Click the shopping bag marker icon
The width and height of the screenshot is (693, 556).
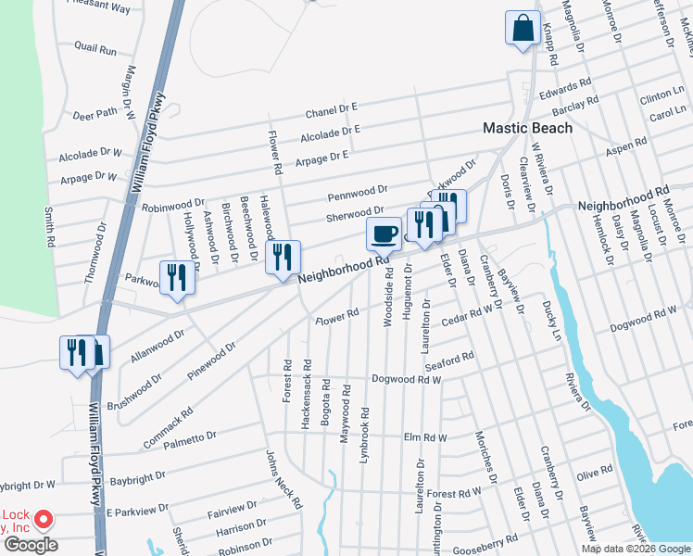pyautogui.click(x=523, y=28)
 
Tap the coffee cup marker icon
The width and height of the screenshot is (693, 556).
pyautogui.click(x=384, y=234)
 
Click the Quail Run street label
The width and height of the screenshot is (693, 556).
pyautogui.click(x=95, y=48)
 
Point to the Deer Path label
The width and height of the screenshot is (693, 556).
pyautogui.click(x=95, y=115)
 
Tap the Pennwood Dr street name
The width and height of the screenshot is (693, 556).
pyautogui.click(x=357, y=195)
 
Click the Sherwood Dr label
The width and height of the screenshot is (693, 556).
pyautogui.click(x=354, y=214)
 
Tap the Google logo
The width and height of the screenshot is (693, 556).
pyautogui.click(x=31, y=545)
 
